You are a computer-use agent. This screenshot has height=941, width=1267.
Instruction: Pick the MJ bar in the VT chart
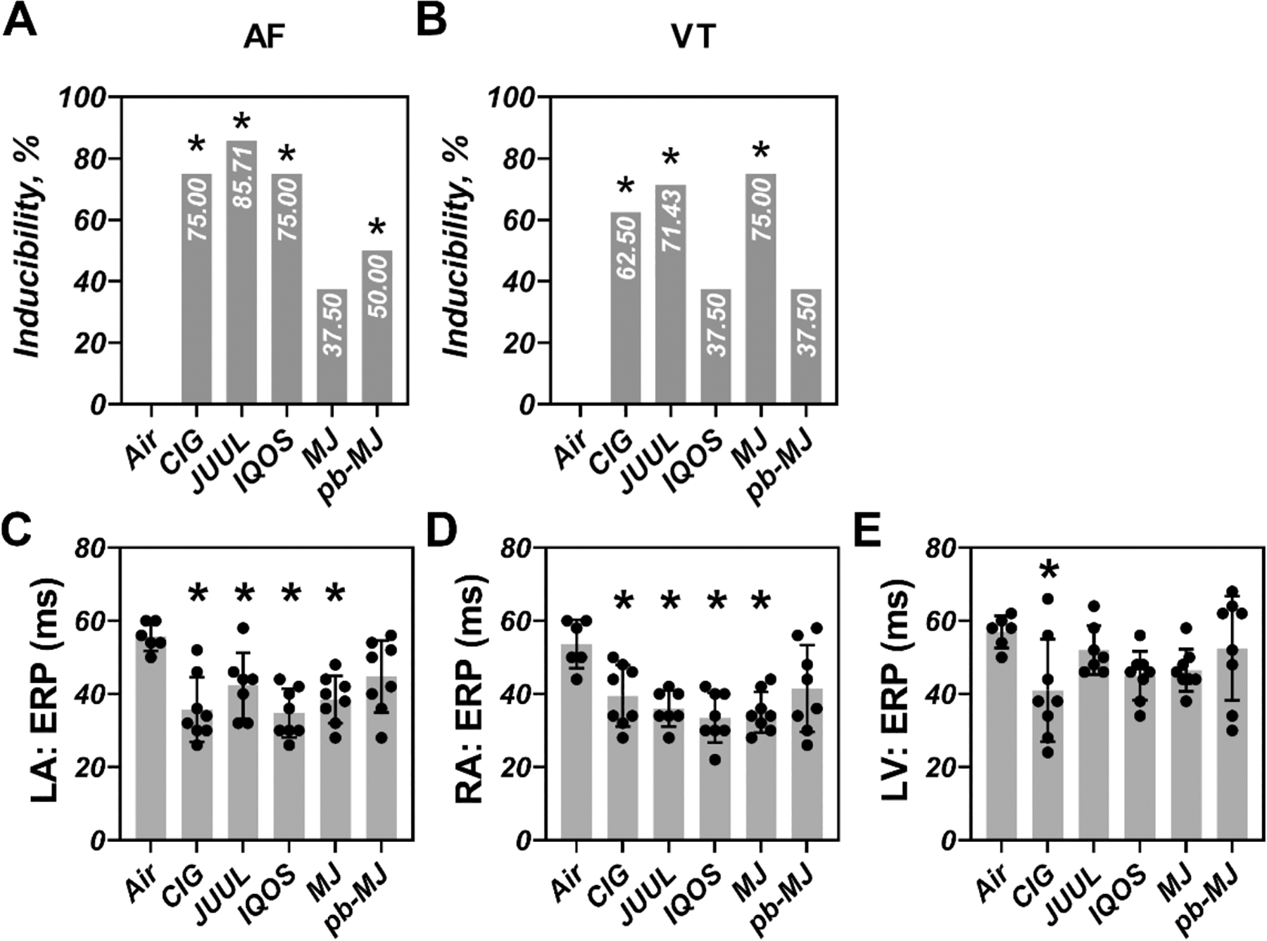[x=761, y=288]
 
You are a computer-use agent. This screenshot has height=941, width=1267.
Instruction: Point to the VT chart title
[x=693, y=37]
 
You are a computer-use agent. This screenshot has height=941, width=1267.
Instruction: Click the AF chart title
[x=264, y=37]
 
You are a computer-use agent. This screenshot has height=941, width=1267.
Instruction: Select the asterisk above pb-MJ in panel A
[x=378, y=229]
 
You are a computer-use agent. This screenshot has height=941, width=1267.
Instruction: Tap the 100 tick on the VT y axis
[x=511, y=97]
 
